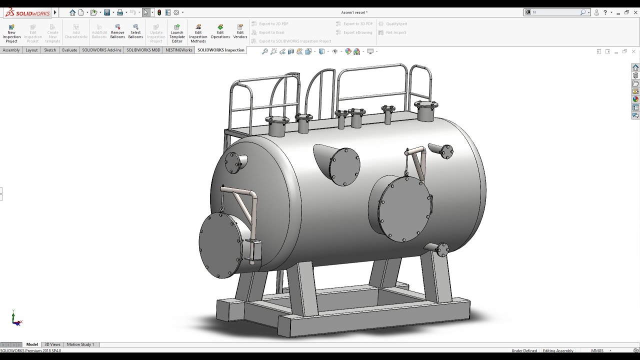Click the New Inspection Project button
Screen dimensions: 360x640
[11, 33]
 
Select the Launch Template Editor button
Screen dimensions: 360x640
[177, 33]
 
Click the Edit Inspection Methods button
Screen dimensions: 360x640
[198, 33]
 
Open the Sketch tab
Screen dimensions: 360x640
[50, 50]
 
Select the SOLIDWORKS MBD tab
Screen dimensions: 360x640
[143, 50]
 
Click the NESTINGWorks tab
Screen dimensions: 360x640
[178, 50]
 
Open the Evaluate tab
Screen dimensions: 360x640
[69, 50]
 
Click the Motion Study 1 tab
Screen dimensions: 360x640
[80, 344]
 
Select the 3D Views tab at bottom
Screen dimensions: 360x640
[52, 344]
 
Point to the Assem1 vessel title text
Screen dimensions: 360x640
[354, 12]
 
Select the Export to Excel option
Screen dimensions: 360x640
[271, 32]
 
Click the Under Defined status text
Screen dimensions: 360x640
[524, 350]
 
